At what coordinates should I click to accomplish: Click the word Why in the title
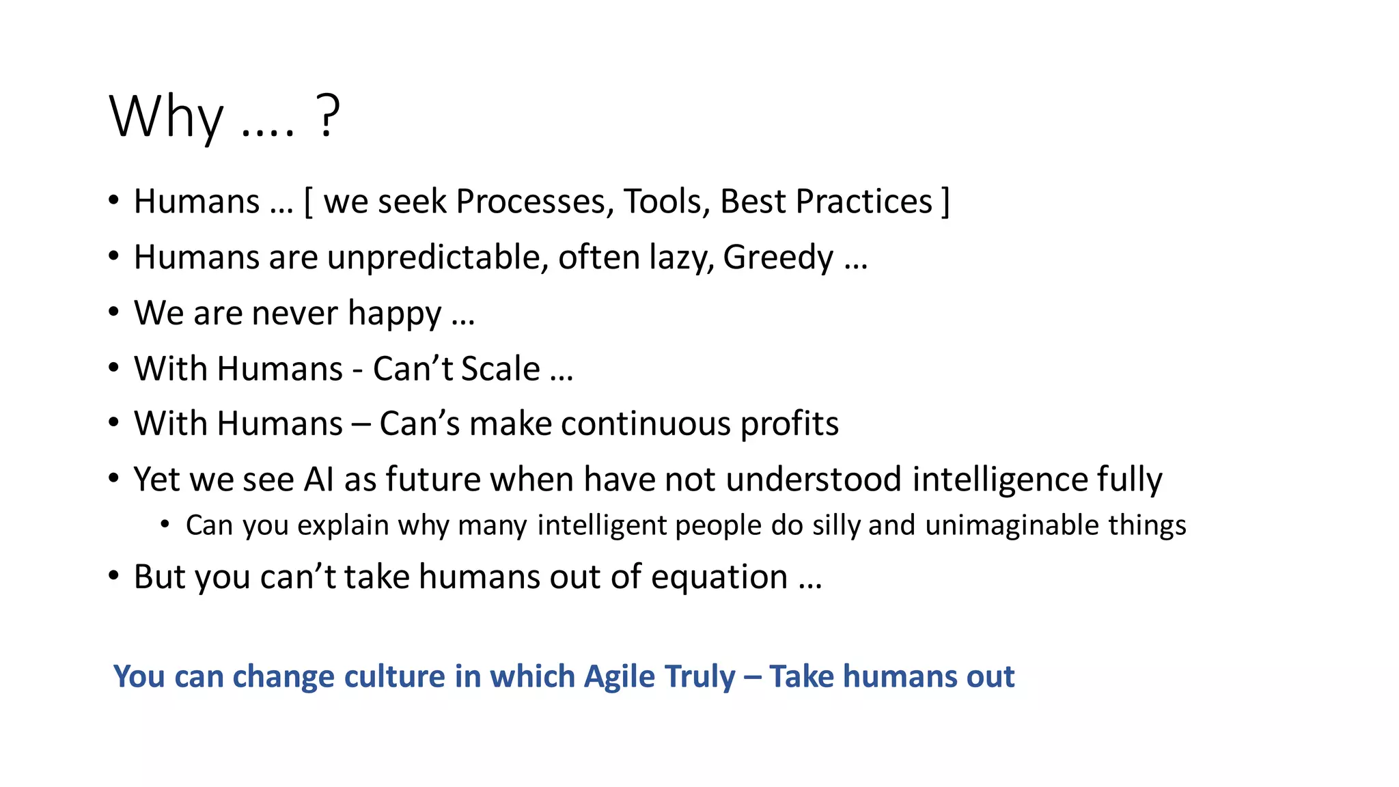tap(166, 117)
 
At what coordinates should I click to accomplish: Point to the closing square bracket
tap(945, 202)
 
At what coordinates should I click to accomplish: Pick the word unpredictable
tap(437, 258)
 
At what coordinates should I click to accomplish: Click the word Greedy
tap(778, 258)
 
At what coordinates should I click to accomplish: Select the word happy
tap(394, 314)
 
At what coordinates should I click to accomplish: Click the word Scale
tap(501, 369)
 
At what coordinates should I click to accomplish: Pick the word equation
tap(719, 577)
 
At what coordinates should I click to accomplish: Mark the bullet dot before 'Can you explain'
tap(165, 524)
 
